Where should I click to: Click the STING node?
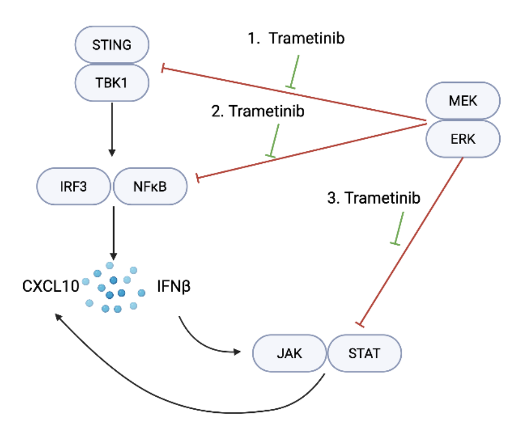coord(112,45)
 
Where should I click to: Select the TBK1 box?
coord(112,82)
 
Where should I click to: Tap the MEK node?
coord(462,101)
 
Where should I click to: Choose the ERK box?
coord(462,138)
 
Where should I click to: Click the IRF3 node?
coord(73,186)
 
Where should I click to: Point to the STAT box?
coord(365,353)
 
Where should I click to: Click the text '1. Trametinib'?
coord(297,39)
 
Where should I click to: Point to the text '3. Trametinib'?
coord(374,199)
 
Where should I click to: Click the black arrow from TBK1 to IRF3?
coord(112,129)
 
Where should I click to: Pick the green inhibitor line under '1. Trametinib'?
coord(295,71)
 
